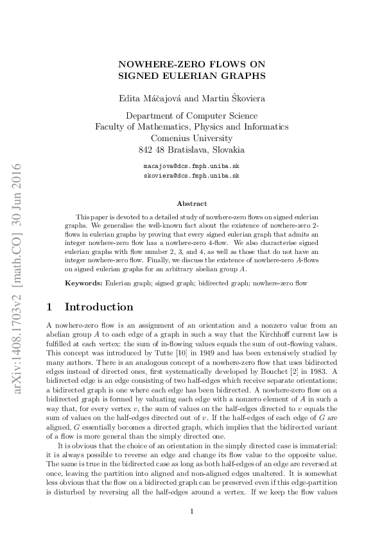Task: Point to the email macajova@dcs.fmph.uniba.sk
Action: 191,165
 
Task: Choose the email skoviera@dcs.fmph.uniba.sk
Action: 191,174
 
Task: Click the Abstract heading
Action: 191,203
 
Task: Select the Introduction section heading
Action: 100,307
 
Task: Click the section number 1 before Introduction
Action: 51,307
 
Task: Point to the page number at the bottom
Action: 191,510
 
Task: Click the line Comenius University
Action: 191,139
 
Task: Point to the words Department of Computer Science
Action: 191,116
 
